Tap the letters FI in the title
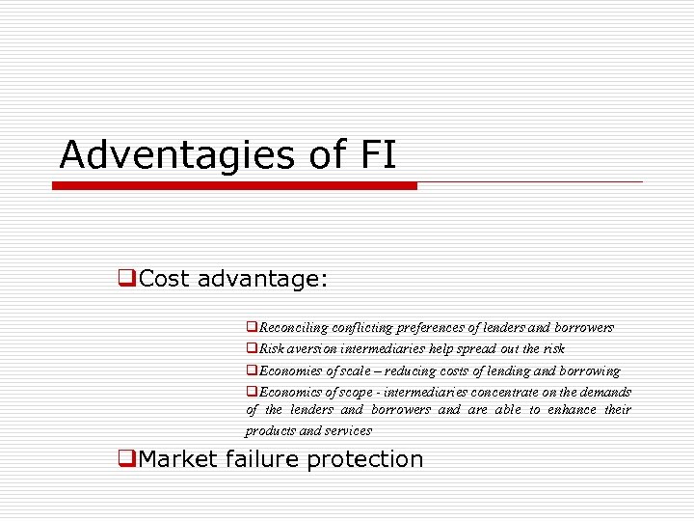378,154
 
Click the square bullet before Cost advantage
124,280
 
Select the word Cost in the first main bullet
165,280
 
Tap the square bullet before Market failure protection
124,459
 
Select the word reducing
413,370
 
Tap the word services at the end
348,431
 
